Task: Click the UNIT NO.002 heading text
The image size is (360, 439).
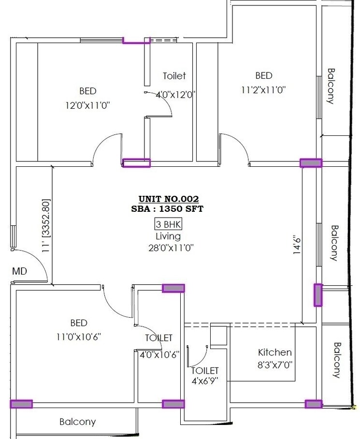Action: click(x=168, y=199)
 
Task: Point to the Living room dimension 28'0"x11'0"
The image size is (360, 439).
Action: click(x=168, y=248)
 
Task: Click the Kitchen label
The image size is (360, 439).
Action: click(x=274, y=352)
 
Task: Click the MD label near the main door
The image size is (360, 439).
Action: click(x=19, y=272)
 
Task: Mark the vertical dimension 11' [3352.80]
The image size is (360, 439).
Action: click(x=45, y=225)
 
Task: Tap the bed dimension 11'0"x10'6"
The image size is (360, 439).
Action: click(x=78, y=336)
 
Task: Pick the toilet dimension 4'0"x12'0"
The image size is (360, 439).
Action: click(x=174, y=95)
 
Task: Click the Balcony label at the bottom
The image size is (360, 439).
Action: click(x=78, y=422)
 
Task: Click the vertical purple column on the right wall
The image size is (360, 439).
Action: click(x=317, y=295)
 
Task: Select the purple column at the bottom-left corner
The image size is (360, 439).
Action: click(x=21, y=404)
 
